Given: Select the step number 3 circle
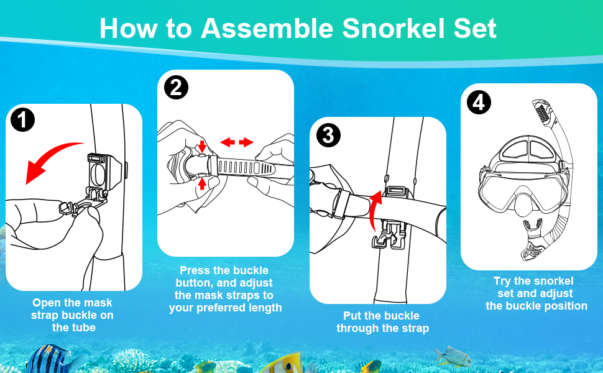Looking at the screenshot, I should coord(328,134).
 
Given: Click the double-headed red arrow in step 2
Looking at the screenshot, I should coord(237,142).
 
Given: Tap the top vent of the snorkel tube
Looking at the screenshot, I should coord(541,113).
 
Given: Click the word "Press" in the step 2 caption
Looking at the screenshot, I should coord(195,270).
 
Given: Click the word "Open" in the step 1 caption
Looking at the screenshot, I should coord(46,303).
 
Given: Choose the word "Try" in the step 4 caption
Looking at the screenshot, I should coord(502,281).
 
